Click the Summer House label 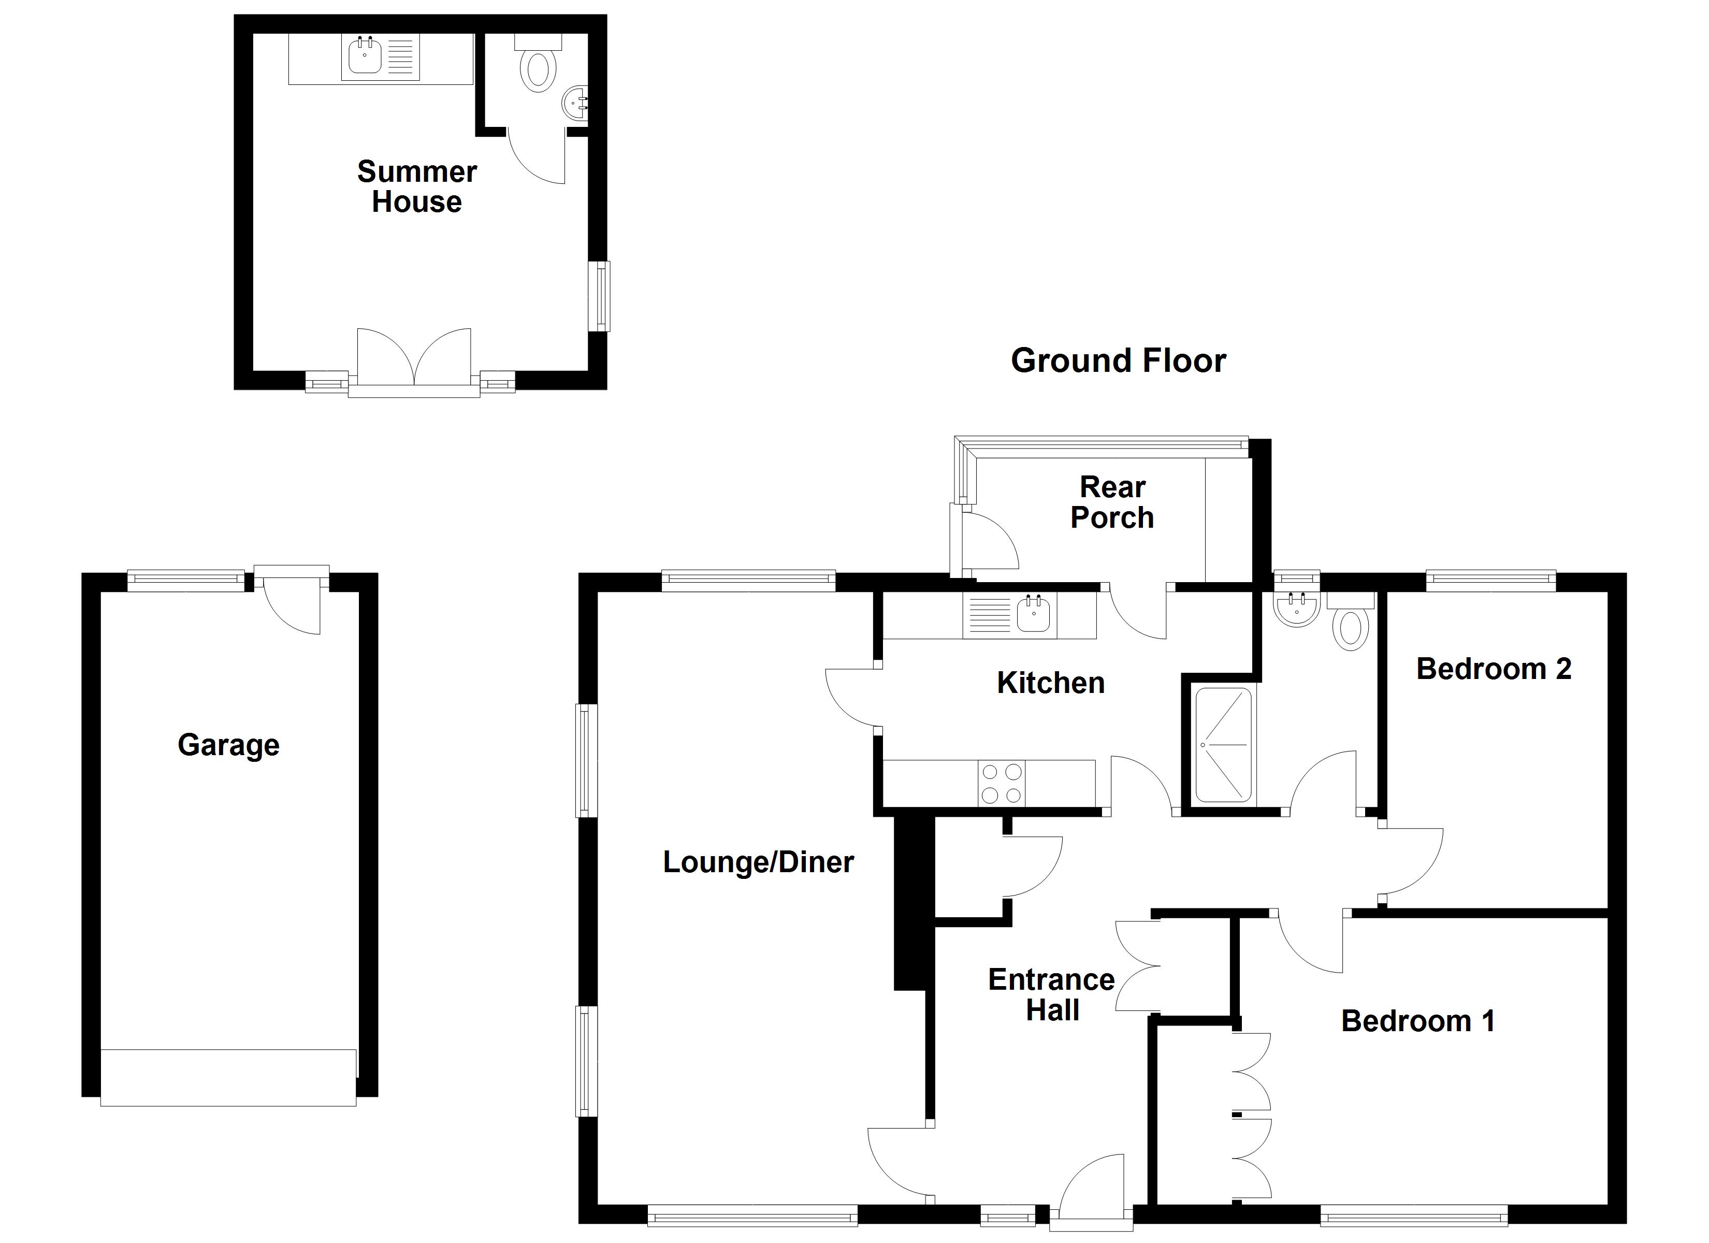(417, 187)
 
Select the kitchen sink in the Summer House (366, 56)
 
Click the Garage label (228, 745)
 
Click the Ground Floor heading (1118, 361)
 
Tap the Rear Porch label (1112, 502)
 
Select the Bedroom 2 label (1494, 669)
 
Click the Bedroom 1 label (1417, 1021)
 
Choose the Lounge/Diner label (758, 862)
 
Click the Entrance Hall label (1052, 995)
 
